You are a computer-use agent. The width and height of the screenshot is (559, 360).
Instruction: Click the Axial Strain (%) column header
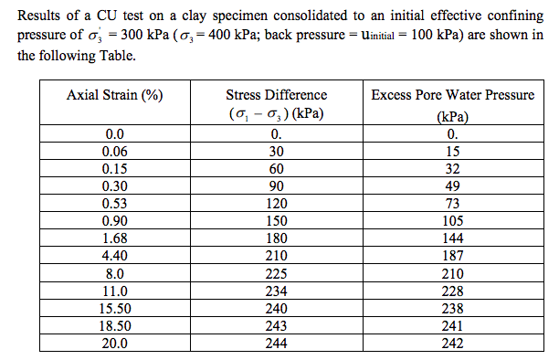coord(115,98)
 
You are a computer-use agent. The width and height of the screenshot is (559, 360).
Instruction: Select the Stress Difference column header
coord(276,95)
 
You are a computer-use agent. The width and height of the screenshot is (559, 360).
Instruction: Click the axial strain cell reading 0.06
coord(115,153)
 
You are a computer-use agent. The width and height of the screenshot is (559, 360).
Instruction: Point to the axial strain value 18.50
coord(115,326)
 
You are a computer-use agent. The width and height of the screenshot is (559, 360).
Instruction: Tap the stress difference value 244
coord(276,344)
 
